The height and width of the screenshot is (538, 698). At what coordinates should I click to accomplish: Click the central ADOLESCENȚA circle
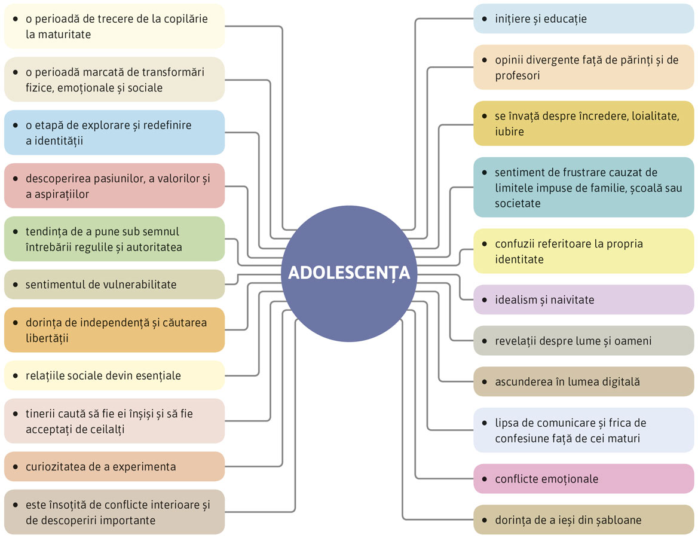(349, 273)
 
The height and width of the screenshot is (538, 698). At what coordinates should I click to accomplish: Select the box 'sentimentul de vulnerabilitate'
(114, 285)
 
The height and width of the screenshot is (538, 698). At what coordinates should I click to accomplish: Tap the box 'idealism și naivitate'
(583, 300)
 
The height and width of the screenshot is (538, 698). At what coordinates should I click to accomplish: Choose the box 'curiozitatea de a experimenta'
(114, 467)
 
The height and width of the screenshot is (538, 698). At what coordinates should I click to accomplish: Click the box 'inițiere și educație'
(583, 19)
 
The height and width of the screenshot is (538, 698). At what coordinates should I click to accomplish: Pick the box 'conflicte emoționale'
(583, 479)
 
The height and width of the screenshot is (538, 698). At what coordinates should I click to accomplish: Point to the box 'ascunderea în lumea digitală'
(583, 381)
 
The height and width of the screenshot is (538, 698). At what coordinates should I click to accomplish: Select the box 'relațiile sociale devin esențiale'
(114, 376)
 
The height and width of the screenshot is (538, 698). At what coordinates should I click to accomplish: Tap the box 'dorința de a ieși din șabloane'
(583, 520)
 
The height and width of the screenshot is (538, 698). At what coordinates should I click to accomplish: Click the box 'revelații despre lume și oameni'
(583, 341)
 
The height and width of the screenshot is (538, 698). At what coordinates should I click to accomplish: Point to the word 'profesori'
(518, 76)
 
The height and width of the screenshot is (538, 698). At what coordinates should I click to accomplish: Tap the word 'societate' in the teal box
(518, 203)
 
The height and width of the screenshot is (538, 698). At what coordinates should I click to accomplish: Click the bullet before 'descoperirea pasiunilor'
(15, 178)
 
